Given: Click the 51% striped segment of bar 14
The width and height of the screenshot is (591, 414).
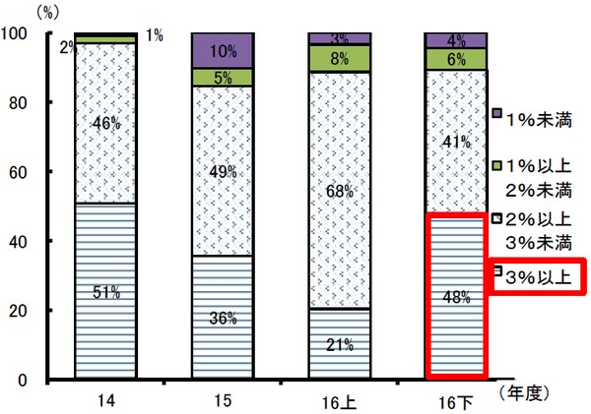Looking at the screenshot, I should pos(105,291).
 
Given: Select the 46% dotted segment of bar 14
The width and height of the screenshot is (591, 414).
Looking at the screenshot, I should pos(105,123).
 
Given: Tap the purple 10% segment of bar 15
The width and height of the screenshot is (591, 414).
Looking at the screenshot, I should pos(223,50).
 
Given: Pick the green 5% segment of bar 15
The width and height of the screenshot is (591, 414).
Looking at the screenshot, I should pos(223,78).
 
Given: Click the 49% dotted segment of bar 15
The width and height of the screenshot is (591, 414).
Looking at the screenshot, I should pos(223,170).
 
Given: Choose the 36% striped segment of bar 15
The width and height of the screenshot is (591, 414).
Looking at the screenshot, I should pos(223,317).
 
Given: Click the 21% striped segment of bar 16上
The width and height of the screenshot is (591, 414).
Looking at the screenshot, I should pos(339,343).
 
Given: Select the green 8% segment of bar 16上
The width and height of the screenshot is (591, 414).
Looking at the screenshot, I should pos(339,58).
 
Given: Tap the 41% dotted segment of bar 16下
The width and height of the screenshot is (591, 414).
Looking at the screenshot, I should pos(456,141).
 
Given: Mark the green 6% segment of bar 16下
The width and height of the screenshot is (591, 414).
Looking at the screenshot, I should pos(456,59).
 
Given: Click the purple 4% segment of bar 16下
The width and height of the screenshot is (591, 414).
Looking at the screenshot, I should pos(456,40).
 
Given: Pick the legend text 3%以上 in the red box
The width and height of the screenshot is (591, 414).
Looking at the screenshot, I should pos(538,277).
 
